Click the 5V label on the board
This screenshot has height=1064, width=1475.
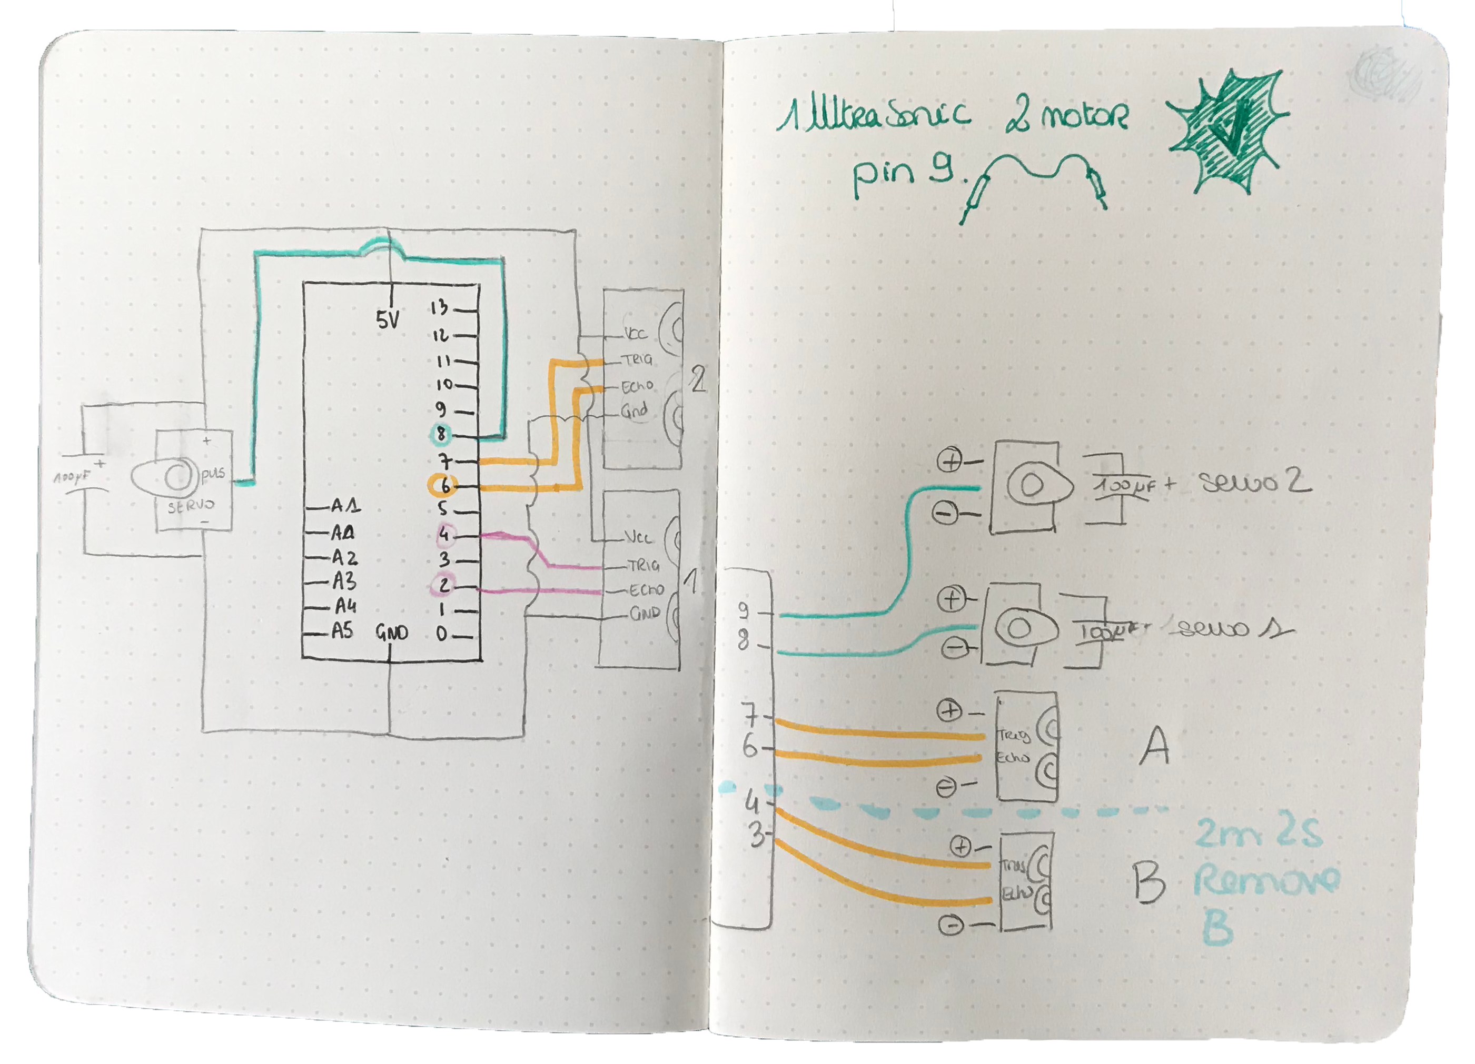[x=388, y=320]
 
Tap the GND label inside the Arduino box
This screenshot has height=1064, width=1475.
[x=392, y=633]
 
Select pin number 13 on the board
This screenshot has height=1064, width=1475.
[x=440, y=307]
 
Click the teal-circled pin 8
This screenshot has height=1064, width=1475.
[x=442, y=434]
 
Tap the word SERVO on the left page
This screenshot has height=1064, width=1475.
[x=191, y=506]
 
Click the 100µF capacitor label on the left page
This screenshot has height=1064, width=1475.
[x=71, y=478]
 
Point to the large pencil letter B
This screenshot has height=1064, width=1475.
[x=1149, y=882]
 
